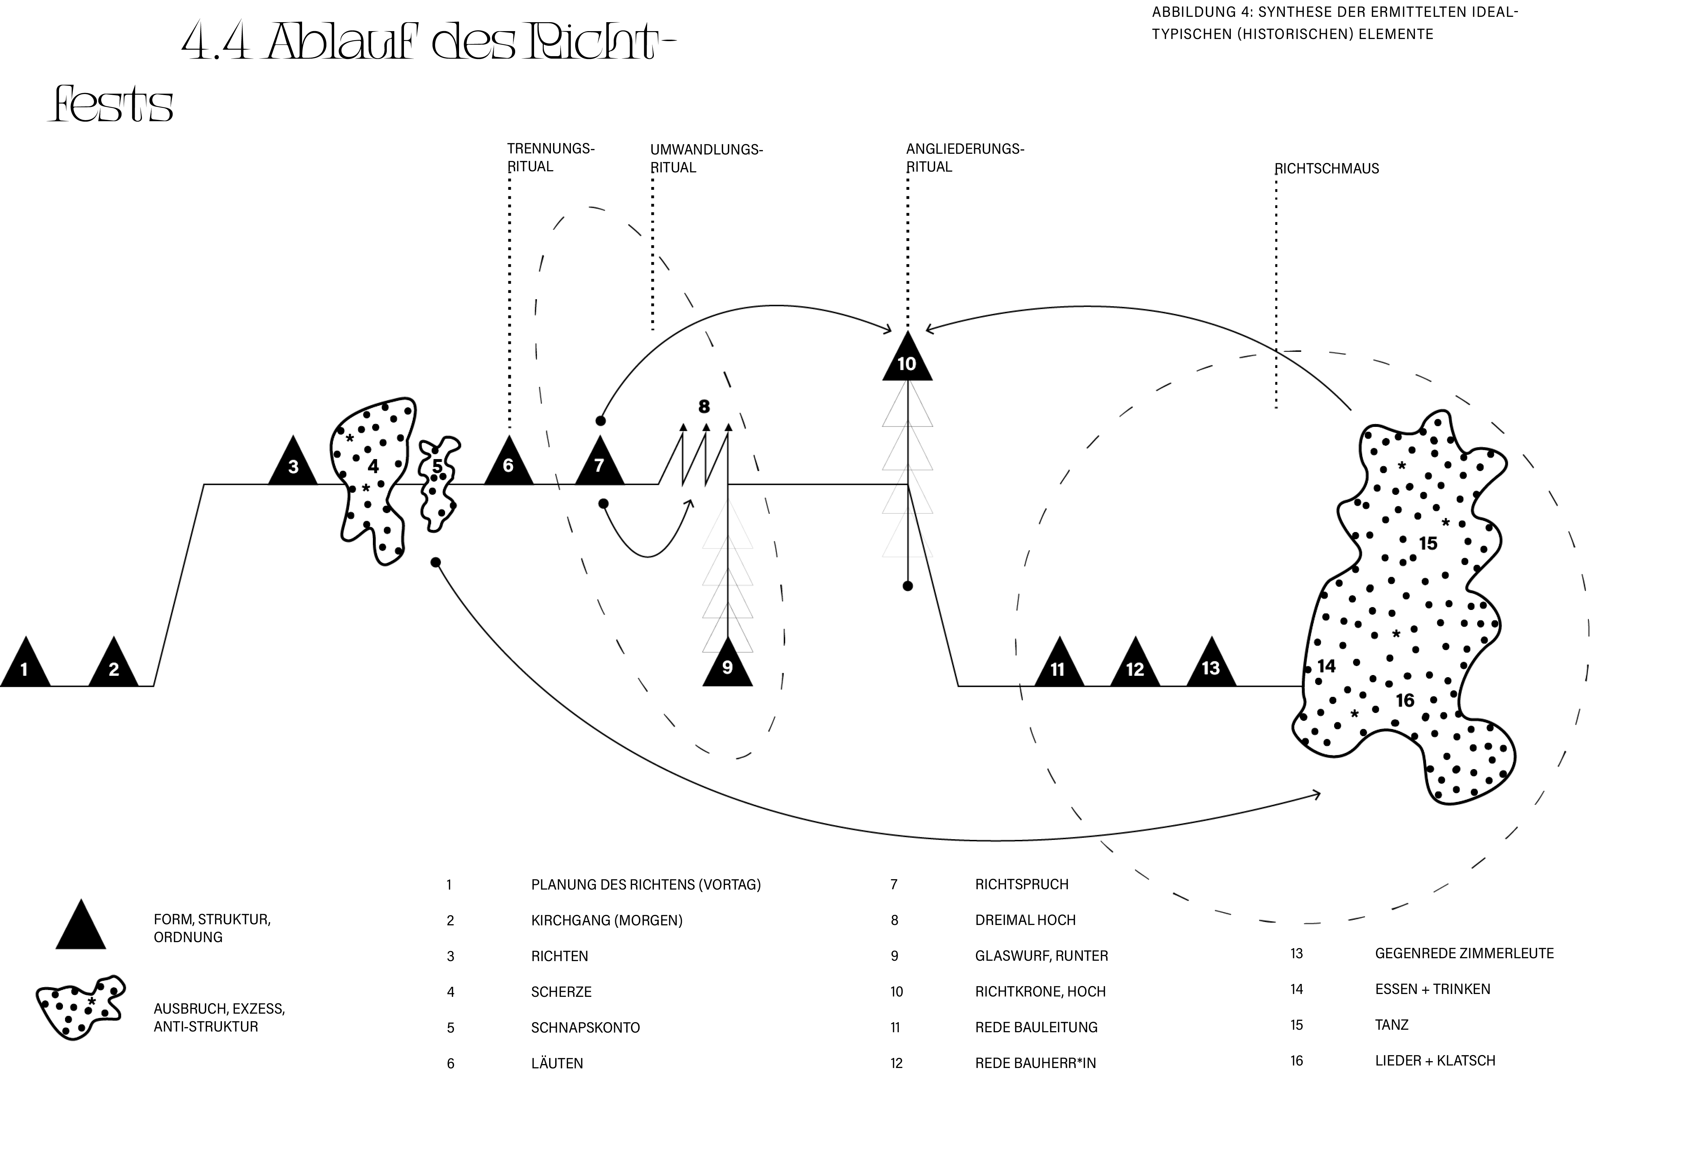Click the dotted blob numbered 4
(x=371, y=481)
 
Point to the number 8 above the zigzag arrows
(x=704, y=406)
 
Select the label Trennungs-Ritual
(x=551, y=157)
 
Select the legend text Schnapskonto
(x=585, y=1027)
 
